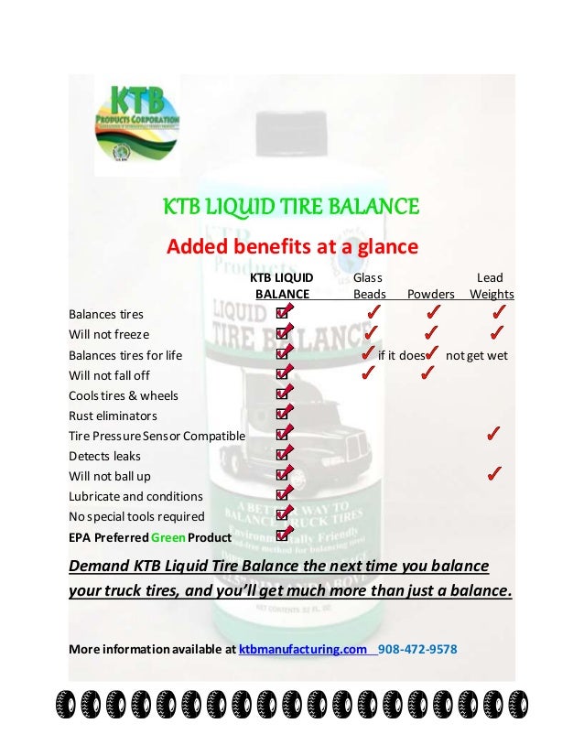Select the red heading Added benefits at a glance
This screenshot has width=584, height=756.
point(291,247)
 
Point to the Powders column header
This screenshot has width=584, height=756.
point(430,294)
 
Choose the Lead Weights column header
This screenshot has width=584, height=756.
point(491,286)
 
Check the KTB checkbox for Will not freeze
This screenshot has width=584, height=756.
point(284,334)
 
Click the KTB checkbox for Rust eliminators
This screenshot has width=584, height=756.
point(284,416)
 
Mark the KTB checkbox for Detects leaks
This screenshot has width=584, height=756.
point(284,456)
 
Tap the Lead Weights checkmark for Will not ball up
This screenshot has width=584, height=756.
point(492,474)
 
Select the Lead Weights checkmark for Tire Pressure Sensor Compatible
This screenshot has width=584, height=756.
point(492,434)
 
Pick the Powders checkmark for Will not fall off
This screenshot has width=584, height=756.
point(427,373)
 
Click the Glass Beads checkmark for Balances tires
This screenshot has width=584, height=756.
point(372,314)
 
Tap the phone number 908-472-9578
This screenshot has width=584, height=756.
point(417,650)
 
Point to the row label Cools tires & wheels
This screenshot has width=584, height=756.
point(124,395)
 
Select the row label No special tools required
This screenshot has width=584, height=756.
point(136,516)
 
